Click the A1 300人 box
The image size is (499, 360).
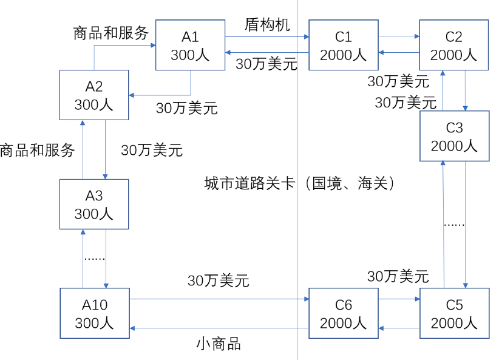click(x=190, y=45)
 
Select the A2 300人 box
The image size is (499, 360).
click(x=94, y=95)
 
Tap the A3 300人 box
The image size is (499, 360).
click(x=94, y=204)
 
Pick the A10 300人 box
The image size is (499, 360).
click(x=94, y=313)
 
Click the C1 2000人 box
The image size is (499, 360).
click(x=343, y=45)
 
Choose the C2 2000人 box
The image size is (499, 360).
click(x=453, y=45)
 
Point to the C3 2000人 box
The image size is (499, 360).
click(x=454, y=136)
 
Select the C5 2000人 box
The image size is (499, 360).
click(x=454, y=313)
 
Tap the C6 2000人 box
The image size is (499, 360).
click(x=343, y=313)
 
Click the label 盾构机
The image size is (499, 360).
click(x=267, y=25)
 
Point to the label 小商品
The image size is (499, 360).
click(x=219, y=344)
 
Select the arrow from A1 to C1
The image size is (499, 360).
click(x=267, y=37)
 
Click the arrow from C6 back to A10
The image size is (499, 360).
click(x=219, y=328)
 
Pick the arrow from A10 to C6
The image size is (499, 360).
click(x=219, y=299)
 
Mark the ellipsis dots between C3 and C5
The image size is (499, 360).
click(x=454, y=225)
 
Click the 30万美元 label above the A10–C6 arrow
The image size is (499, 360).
click(x=219, y=280)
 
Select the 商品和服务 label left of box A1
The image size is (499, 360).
click(x=111, y=33)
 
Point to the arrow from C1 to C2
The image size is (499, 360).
click(x=398, y=37)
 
